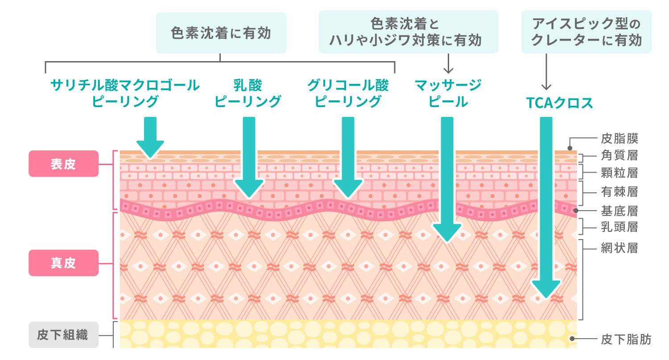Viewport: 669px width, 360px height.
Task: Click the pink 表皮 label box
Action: pos(63,164)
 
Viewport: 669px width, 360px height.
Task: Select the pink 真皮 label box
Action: pos(63,263)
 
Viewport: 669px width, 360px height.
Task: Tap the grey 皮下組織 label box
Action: pos(63,335)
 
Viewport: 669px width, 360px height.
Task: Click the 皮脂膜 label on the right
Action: pos(619,138)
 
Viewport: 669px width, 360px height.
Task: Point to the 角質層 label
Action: pos(619,155)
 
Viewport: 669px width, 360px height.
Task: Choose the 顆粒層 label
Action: pos(619,173)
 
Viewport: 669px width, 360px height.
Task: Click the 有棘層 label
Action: pos(619,192)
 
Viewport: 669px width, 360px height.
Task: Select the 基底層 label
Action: pos(619,210)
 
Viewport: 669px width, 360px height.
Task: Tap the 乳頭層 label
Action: pos(619,227)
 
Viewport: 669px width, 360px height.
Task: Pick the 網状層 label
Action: pos(619,248)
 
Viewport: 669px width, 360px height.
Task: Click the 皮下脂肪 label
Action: pos(626,340)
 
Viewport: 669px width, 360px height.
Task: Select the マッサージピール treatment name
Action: pos(448,93)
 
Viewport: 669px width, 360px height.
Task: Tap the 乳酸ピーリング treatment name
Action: pos(248,93)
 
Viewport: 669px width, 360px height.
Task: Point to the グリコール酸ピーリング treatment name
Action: pos(348,93)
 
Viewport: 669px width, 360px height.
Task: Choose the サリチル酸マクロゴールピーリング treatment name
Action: pos(125,93)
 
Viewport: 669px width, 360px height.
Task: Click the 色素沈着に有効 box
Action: pos(221,33)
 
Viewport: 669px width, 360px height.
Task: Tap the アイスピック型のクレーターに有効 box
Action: pos(586,32)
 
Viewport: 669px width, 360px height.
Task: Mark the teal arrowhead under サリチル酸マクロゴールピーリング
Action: pos(150,149)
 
